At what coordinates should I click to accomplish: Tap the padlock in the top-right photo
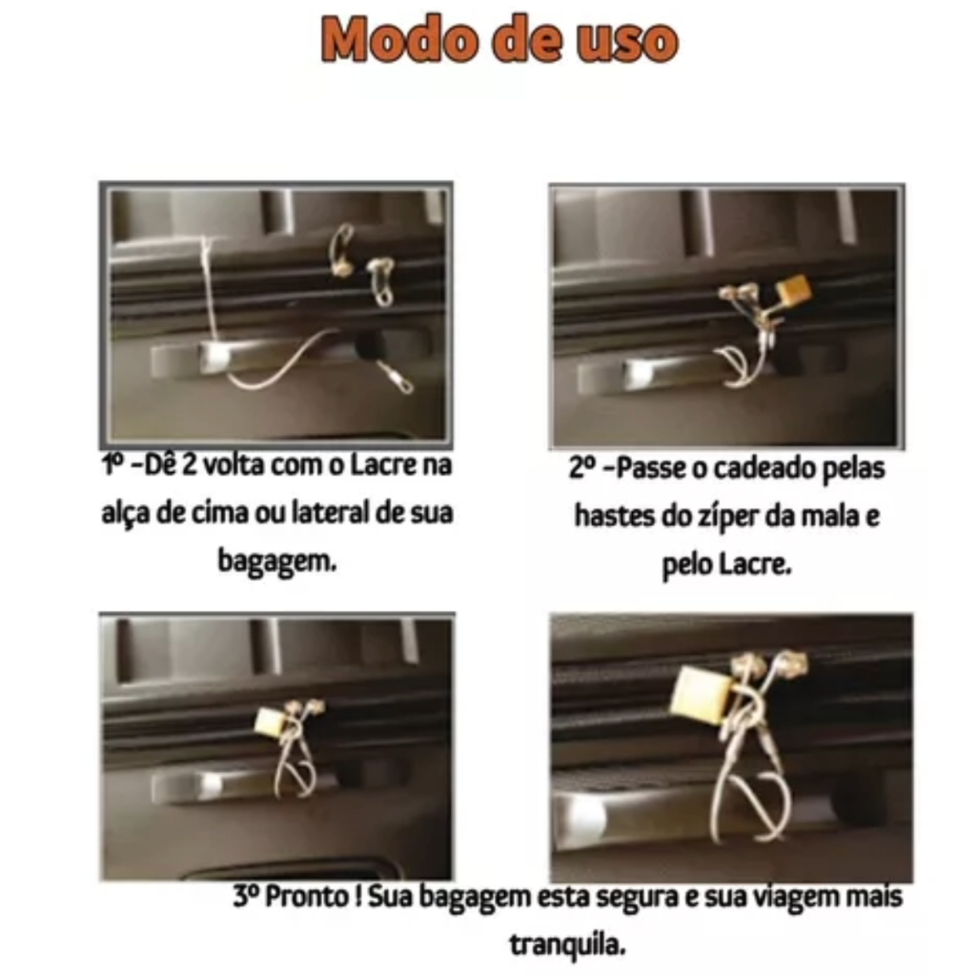click(x=794, y=289)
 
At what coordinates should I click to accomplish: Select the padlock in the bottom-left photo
click(x=271, y=724)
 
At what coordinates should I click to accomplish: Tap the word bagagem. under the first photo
click(x=277, y=561)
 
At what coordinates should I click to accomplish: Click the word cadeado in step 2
click(x=762, y=468)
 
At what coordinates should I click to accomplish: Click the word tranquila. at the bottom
click(x=568, y=945)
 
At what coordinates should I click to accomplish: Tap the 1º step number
click(x=114, y=465)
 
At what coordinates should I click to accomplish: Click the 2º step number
click(x=583, y=468)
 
